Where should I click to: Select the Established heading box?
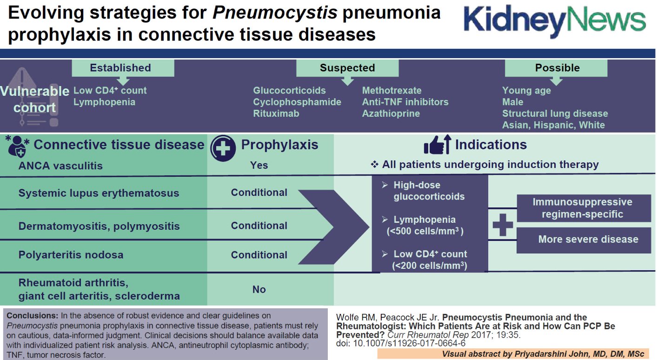click(x=123, y=68)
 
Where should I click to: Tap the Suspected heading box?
click(x=347, y=68)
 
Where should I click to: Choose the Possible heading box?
click(x=557, y=68)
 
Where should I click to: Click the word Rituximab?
click(x=276, y=113)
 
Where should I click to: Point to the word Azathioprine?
click(x=391, y=113)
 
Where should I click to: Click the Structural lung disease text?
click(x=555, y=113)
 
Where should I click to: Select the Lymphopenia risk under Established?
click(x=104, y=102)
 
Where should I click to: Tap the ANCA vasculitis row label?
click(x=60, y=166)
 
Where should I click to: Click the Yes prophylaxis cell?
click(x=259, y=166)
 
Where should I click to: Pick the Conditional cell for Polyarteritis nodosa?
click(x=259, y=255)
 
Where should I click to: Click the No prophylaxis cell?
click(x=259, y=289)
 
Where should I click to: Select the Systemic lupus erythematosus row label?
click(x=99, y=193)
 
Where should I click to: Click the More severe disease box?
click(x=588, y=240)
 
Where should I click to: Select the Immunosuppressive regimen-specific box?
click(x=582, y=208)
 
